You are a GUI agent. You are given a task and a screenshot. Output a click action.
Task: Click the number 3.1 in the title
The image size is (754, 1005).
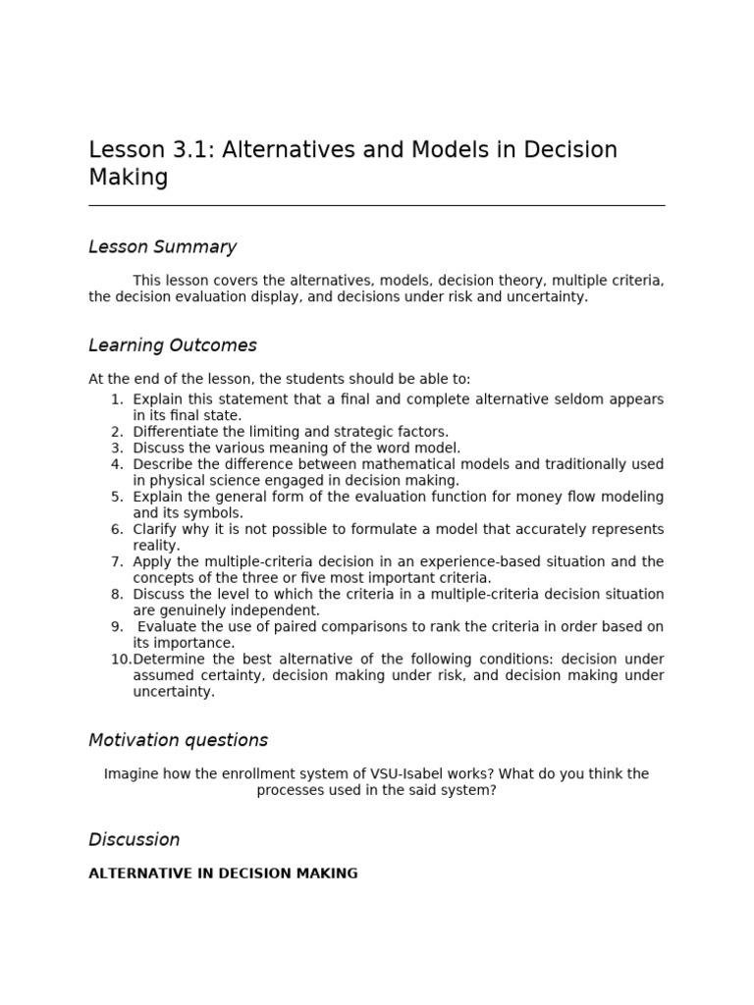click(x=192, y=150)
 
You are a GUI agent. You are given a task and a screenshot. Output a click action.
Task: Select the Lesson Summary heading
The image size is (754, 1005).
click(x=162, y=247)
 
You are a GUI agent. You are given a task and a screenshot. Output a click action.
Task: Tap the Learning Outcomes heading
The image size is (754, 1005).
click(x=172, y=345)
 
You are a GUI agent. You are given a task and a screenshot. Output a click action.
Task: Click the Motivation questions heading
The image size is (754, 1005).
click(x=178, y=740)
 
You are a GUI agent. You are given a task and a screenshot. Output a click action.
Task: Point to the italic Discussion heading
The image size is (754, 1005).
click(x=134, y=839)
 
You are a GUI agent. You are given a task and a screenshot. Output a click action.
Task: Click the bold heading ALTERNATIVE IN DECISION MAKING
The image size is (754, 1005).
click(x=223, y=873)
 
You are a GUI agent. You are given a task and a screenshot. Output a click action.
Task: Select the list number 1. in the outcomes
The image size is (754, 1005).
click(x=117, y=399)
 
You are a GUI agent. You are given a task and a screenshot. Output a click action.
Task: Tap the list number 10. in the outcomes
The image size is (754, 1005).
click(x=120, y=659)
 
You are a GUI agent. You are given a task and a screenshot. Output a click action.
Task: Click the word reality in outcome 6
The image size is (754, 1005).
click(x=155, y=545)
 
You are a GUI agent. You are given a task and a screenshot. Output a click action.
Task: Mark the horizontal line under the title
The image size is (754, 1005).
click(x=376, y=206)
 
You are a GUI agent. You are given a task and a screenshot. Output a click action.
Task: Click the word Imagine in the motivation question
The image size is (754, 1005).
click(x=132, y=773)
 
